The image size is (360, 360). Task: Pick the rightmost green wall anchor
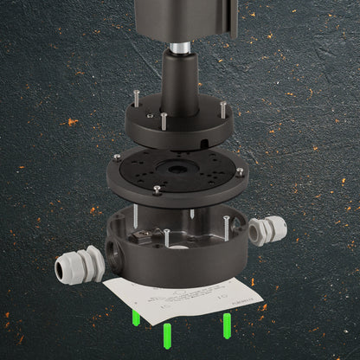pyautogui.click(x=227, y=326)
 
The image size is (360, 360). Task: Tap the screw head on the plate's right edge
pyautogui.click(x=239, y=171)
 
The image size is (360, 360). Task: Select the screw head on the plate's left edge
pyautogui.click(x=116, y=157)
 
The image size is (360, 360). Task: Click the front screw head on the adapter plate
pyautogui.click(x=157, y=189)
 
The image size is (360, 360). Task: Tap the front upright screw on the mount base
pyautogui.click(x=164, y=122)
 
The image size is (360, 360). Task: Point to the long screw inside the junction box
pyautogui.click(x=166, y=237)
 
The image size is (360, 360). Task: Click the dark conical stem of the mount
pyautogui.click(x=179, y=82)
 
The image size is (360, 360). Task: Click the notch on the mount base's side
pyautogui.click(x=202, y=136)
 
